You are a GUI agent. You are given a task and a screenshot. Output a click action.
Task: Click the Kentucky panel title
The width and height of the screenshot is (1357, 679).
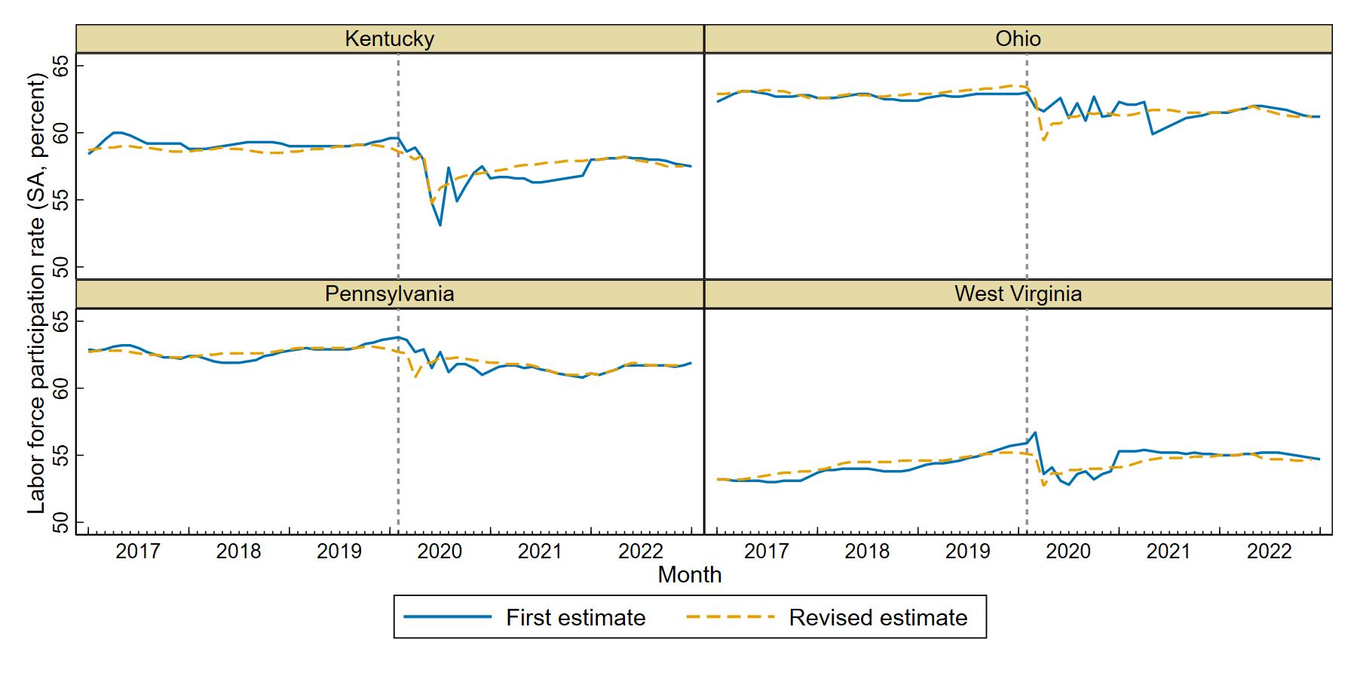389,38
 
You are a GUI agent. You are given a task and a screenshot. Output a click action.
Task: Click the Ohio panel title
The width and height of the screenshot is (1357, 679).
1018,38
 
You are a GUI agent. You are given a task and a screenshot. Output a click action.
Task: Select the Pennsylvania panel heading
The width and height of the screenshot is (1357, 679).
389,293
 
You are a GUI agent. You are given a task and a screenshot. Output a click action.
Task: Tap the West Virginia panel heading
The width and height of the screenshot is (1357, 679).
1018,293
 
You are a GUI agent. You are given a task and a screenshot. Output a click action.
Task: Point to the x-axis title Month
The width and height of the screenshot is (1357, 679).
689,575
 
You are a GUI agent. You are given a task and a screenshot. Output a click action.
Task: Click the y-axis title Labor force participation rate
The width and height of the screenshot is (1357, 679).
36,294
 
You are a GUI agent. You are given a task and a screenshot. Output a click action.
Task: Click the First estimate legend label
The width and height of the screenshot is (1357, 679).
575,617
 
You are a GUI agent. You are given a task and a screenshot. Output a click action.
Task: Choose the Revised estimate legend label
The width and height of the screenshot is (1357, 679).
878,617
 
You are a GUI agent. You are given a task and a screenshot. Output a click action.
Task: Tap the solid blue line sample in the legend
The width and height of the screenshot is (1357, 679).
447,616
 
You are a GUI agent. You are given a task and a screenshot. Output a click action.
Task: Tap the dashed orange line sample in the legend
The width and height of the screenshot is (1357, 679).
730,616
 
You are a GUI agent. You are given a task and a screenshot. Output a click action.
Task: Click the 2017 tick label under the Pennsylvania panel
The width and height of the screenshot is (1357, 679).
137,551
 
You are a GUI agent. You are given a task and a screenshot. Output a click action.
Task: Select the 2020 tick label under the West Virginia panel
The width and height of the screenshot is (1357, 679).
1068,551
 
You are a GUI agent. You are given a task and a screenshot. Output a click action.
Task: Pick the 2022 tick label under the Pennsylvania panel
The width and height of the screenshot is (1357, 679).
641,551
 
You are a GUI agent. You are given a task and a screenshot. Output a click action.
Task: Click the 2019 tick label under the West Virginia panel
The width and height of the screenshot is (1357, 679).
967,551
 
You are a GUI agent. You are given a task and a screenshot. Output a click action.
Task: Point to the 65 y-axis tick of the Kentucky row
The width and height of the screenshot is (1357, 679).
60,66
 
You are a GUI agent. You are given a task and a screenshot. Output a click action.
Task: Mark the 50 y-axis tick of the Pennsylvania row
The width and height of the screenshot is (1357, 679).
60,522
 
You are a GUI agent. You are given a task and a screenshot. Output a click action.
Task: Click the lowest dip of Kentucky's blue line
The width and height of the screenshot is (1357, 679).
440,225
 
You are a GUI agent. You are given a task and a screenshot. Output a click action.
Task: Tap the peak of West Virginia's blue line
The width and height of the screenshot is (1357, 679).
1035,432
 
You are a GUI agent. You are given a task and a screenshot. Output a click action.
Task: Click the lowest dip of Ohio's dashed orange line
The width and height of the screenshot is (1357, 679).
1044,140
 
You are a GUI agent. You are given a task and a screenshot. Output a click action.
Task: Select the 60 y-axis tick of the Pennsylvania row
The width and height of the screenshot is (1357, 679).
60,388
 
